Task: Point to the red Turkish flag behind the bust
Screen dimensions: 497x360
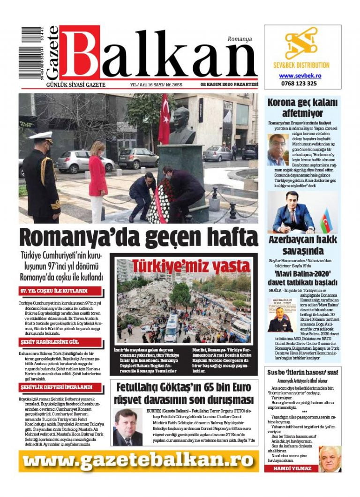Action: pos(164,119)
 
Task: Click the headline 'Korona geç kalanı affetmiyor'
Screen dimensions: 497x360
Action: pos(302,108)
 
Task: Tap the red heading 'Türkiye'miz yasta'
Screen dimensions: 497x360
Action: pos(184,265)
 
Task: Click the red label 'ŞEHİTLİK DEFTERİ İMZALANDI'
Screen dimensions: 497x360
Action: pos(56,388)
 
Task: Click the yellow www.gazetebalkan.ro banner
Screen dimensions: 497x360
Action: pos(139,461)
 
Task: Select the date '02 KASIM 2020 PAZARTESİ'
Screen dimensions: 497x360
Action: pos(229,84)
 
